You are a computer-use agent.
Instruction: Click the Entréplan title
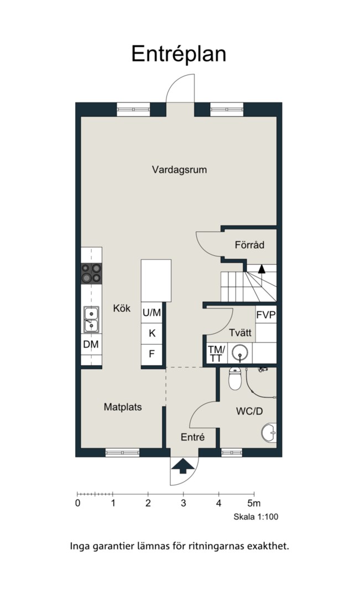coord(179,54)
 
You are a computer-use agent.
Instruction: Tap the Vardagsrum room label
coord(179,170)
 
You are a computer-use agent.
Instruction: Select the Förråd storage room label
coord(249,245)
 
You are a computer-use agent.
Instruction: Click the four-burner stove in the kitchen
coord(91,274)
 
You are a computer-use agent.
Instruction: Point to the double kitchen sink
coord(91,320)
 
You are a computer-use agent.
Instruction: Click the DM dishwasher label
coord(91,344)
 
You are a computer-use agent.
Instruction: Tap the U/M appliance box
coord(152,312)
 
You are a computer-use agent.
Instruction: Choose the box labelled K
coord(152,333)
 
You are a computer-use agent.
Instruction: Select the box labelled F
coord(152,354)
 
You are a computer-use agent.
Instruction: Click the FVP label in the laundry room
coord(266,315)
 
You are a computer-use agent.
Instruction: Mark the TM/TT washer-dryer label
coord(216,353)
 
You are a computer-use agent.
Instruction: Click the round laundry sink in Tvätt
coord(240,353)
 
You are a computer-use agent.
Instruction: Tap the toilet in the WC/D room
coord(235,379)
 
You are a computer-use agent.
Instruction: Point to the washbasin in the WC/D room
coord(269,432)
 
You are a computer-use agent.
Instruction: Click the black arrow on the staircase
coord(262,269)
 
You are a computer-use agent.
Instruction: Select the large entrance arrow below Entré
coord(182,465)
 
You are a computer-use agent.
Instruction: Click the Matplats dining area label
coord(123,407)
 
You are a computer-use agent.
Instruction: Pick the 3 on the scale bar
coord(183,504)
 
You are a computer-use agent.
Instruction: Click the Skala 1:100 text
coord(256,517)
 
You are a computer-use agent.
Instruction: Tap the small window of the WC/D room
coord(232,452)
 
